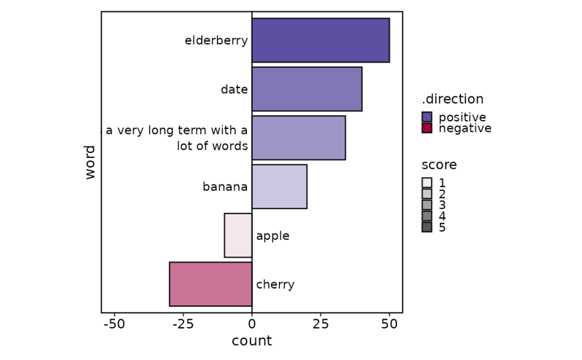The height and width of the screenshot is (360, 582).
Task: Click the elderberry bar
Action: click(321, 40)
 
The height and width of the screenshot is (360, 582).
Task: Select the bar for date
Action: click(307, 89)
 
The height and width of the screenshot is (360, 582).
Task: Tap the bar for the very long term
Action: click(299, 138)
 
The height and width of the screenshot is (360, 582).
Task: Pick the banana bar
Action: click(279, 187)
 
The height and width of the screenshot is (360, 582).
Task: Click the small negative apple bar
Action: click(238, 235)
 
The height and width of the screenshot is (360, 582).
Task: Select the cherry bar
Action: click(211, 284)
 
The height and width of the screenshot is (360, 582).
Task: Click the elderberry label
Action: click(216, 41)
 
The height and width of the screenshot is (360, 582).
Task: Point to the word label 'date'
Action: click(234, 90)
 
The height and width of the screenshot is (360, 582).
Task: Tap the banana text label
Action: click(225, 187)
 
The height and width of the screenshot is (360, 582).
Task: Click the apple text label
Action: click(272, 236)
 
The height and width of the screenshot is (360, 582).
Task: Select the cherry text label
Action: click(275, 285)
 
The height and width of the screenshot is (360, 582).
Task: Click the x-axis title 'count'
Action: click(251, 341)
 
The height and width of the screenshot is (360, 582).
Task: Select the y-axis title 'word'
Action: click(90, 162)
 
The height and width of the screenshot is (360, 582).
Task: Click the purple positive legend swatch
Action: click(427, 117)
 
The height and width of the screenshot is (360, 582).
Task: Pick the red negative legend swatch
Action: click(427, 128)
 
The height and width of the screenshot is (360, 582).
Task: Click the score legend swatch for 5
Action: click(427, 227)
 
